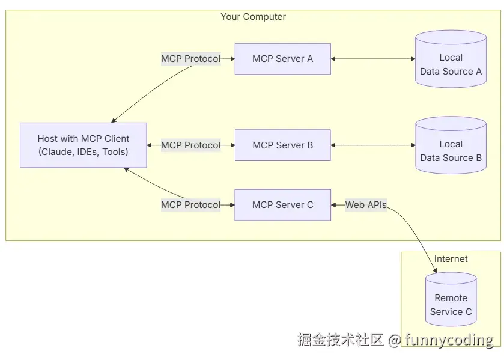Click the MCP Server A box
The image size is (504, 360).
click(x=283, y=59)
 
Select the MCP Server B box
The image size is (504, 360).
click(x=283, y=145)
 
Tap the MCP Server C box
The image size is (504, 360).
click(x=283, y=205)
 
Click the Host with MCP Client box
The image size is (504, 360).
click(x=83, y=145)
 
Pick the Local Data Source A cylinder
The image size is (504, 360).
click(x=451, y=59)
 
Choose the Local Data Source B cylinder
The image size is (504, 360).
click(x=451, y=145)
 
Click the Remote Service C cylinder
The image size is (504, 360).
click(x=451, y=299)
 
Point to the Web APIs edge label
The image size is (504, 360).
click(x=366, y=205)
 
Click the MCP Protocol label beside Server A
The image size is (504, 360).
click(x=190, y=59)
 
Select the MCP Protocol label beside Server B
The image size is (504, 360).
click(x=190, y=145)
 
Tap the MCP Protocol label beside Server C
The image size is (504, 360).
click(x=190, y=205)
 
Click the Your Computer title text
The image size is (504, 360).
click(x=254, y=17)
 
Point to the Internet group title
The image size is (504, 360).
click(x=451, y=259)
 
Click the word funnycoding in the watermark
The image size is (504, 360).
click(x=449, y=340)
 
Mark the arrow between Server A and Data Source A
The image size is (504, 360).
click(x=373, y=59)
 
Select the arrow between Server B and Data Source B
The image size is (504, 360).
click(x=373, y=145)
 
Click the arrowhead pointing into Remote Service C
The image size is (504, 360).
click(x=434, y=270)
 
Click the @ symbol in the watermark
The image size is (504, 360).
click(x=395, y=340)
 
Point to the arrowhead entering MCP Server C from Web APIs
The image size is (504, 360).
click(x=333, y=205)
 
